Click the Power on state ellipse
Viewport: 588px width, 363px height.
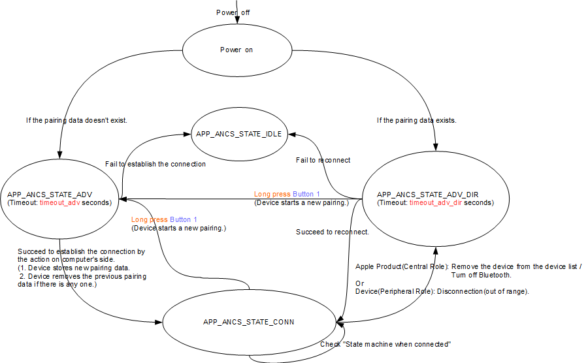click(235, 50)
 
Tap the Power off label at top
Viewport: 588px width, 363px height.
click(233, 12)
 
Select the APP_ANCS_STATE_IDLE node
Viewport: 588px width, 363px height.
click(238, 134)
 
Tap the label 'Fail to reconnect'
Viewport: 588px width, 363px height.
click(323, 160)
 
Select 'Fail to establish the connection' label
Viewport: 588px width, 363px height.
click(155, 164)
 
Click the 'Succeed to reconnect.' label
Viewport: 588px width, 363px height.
click(333, 232)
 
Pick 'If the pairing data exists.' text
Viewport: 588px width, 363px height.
click(417, 120)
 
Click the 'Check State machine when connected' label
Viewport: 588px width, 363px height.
click(385, 344)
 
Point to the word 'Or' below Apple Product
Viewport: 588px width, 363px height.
click(359, 283)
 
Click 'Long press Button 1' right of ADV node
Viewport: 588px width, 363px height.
click(287, 195)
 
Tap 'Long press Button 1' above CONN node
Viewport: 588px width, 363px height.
click(164, 220)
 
